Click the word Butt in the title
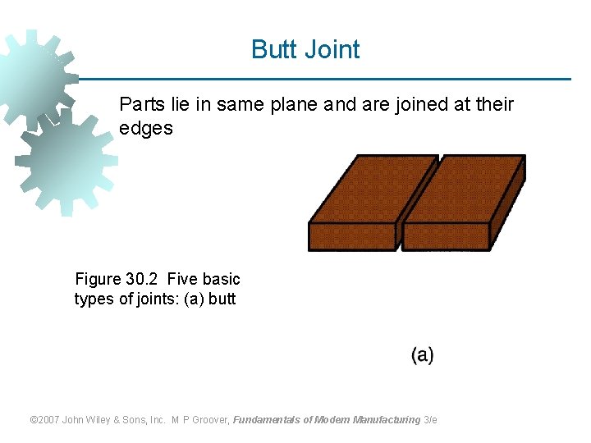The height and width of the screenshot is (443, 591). (274, 49)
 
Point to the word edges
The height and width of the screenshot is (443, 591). (146, 129)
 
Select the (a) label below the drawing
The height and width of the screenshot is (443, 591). (423, 354)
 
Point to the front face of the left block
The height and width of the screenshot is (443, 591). (352, 236)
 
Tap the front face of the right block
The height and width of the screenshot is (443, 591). (446, 236)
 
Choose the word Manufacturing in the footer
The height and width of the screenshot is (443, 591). (387, 420)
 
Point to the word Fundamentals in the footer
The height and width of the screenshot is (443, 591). (267, 420)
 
